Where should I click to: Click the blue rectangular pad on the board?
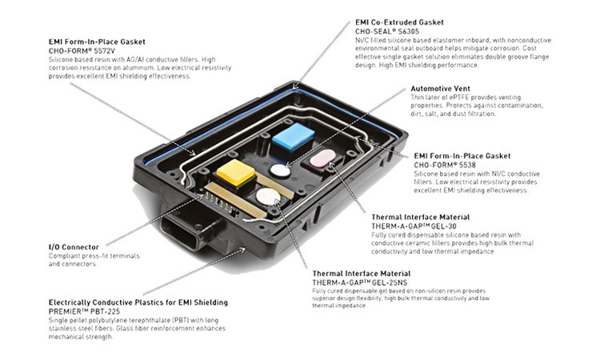(293, 136)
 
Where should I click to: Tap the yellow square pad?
(236, 172)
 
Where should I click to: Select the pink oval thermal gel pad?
(322, 158)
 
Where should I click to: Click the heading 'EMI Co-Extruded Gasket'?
(399, 22)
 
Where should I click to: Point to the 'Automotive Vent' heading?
(441, 88)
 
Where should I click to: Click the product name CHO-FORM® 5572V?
(82, 50)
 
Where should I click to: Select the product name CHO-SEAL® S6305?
(387, 31)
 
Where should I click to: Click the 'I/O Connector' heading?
(74, 247)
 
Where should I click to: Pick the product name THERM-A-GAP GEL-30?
(414, 226)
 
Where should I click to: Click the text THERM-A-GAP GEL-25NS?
(360, 282)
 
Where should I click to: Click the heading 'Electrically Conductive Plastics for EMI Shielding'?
(138, 302)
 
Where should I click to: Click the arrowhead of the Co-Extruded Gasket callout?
(294, 87)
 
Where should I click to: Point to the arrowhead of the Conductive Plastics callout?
(242, 250)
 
